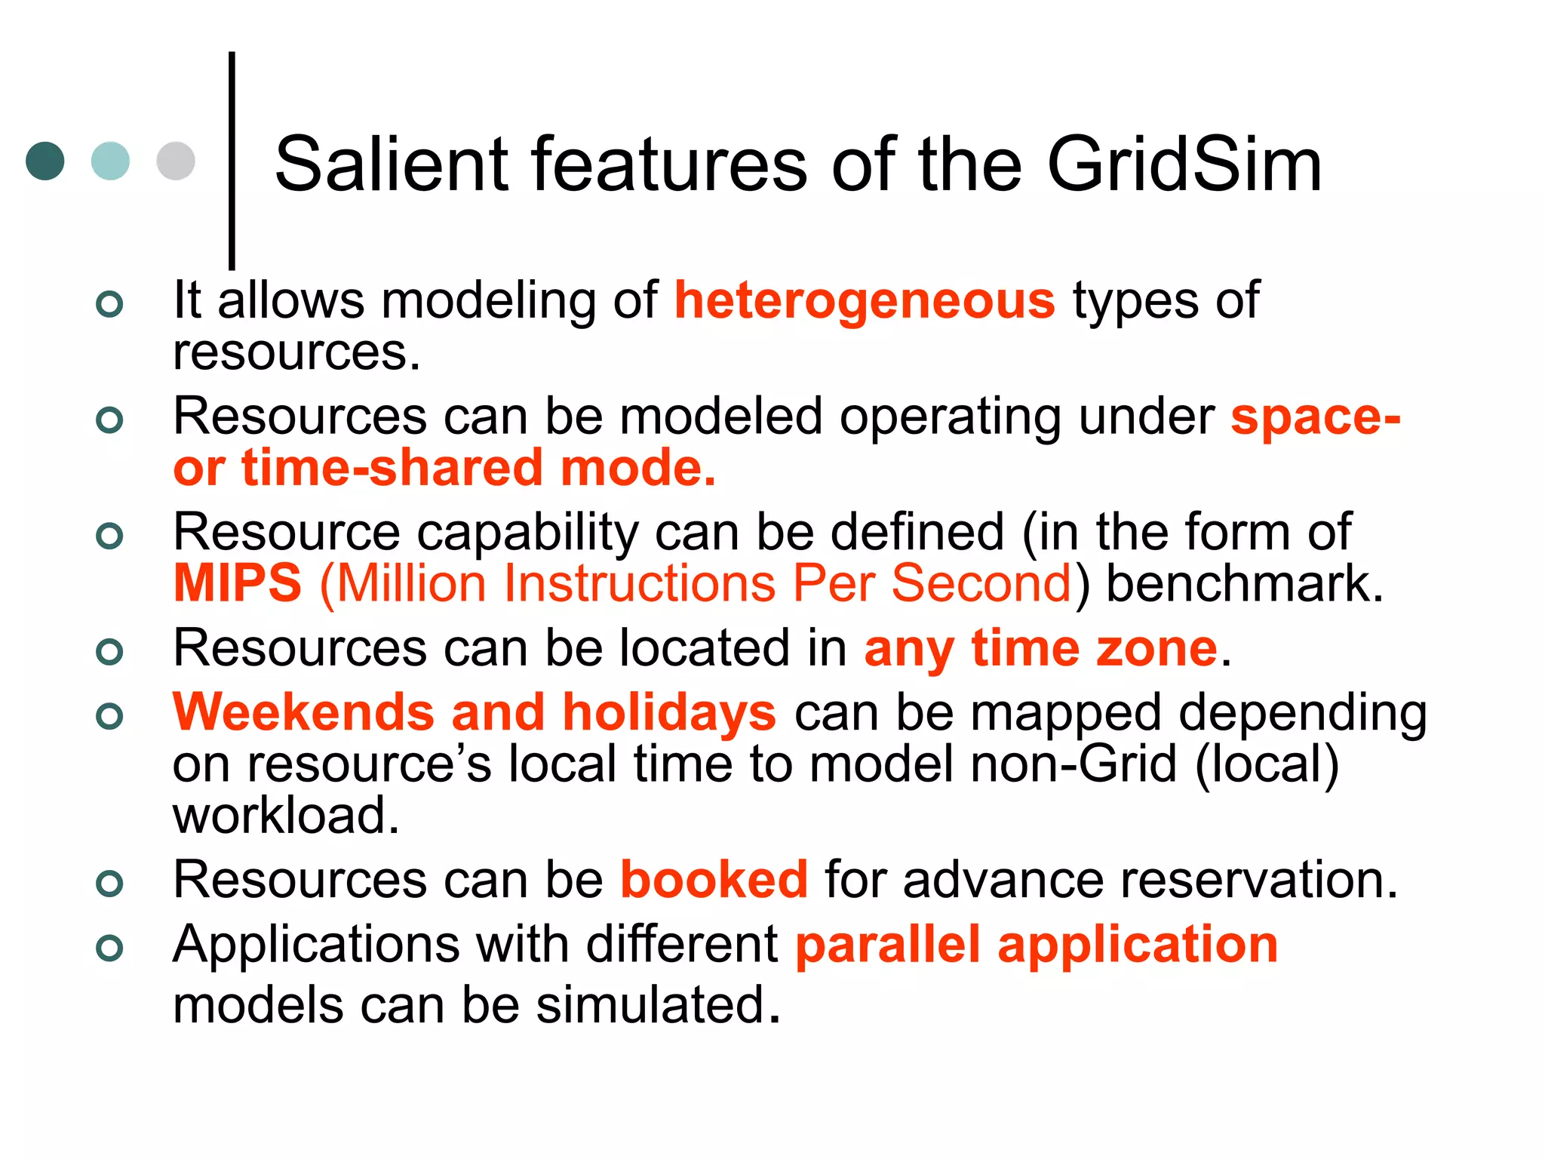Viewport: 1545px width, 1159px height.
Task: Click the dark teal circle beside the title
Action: [x=45, y=161]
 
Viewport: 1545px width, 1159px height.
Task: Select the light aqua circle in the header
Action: [x=110, y=161]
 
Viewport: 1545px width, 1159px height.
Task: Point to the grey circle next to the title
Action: [x=176, y=161]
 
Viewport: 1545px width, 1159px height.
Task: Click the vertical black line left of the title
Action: [x=232, y=160]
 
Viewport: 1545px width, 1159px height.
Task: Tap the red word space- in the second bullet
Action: [x=1315, y=417]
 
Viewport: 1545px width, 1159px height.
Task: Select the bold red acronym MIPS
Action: [x=238, y=583]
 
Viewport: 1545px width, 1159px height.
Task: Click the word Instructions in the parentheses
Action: [x=640, y=583]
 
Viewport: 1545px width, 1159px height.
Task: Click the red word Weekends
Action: [x=303, y=712]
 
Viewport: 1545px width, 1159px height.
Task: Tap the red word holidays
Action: [x=669, y=714]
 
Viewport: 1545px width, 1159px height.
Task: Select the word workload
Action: [x=286, y=816]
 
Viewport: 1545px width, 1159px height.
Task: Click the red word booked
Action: [x=714, y=880]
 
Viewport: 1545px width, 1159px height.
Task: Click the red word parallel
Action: [x=888, y=945]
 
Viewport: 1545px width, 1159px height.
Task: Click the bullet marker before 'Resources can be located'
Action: [x=109, y=651]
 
